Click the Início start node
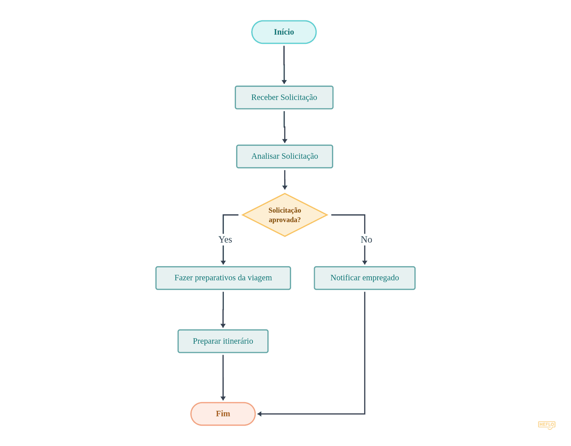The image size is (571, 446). (x=284, y=32)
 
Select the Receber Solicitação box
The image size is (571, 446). (x=284, y=97)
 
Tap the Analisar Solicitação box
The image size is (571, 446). (x=284, y=156)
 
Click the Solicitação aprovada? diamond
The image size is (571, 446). (x=284, y=215)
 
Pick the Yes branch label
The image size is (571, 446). (x=225, y=240)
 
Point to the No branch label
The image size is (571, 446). (x=366, y=240)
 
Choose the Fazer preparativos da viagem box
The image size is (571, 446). (x=223, y=278)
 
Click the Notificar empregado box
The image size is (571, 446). (x=364, y=278)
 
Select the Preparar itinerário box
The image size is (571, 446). (x=223, y=341)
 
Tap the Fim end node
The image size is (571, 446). (x=223, y=414)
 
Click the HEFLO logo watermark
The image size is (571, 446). (x=546, y=425)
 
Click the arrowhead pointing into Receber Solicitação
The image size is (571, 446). (x=284, y=82)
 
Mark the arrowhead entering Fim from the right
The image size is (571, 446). (x=259, y=414)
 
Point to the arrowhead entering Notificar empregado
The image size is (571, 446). (x=364, y=262)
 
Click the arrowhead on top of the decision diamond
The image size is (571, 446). (x=284, y=188)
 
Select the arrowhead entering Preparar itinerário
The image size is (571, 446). (x=223, y=326)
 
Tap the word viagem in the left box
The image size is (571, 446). (x=260, y=278)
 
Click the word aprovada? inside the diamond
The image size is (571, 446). (x=284, y=220)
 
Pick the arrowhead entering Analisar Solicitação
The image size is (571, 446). (x=284, y=141)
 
